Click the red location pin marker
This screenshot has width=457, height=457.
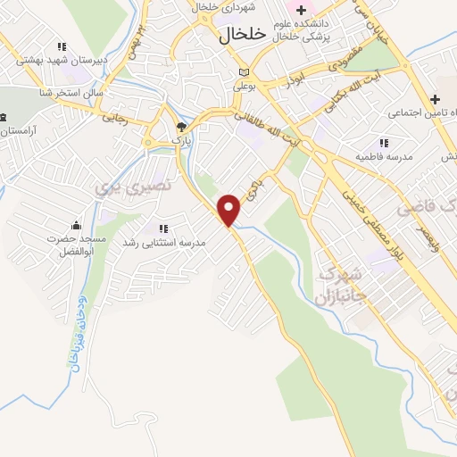pyautogui.click(x=230, y=209)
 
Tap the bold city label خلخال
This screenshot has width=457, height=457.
pyautogui.click(x=243, y=34)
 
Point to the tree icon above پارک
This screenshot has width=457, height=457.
pyautogui.click(x=181, y=128)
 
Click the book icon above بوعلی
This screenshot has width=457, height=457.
pyautogui.click(x=245, y=73)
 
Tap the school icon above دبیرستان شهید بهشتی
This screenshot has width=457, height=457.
pyautogui.click(x=61, y=46)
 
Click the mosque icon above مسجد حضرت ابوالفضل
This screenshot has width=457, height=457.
pyautogui.click(x=76, y=224)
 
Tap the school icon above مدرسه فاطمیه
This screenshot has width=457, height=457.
pyautogui.click(x=384, y=143)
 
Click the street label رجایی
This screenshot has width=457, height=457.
pyautogui.click(x=113, y=116)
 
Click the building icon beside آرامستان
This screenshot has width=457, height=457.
pyautogui.click(x=3, y=118)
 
